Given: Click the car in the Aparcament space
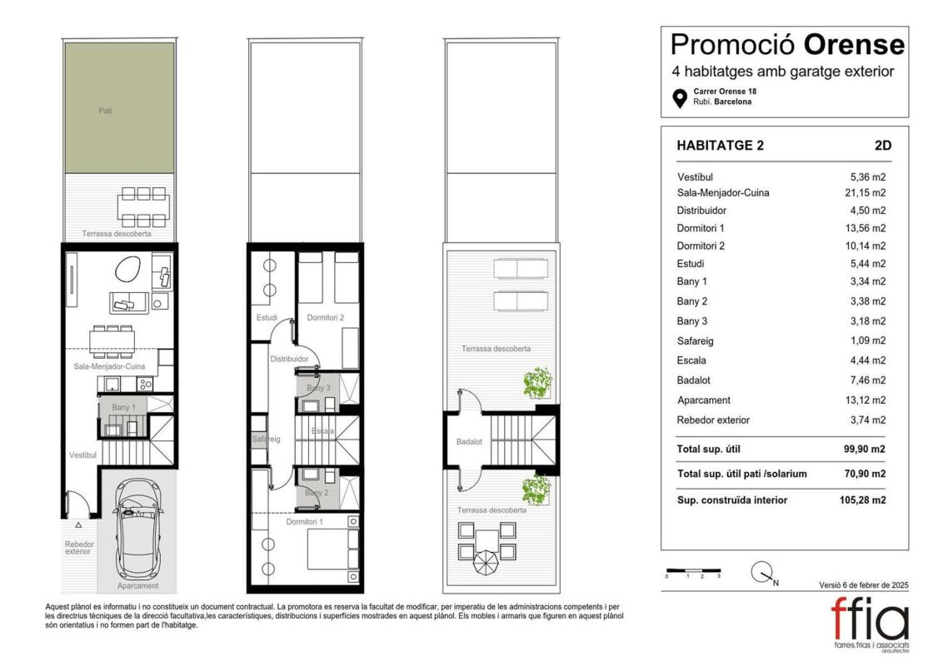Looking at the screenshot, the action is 138,529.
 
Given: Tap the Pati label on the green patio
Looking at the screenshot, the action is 105,111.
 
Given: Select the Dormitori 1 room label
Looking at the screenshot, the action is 304,522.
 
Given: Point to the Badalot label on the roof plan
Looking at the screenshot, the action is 469,442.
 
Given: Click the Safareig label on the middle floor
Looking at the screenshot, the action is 266,439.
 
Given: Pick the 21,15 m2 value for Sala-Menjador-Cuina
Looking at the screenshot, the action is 865,193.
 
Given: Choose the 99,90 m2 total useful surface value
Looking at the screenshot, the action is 865,449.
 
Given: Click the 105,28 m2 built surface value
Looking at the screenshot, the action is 862,500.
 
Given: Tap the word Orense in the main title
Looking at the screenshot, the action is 854,44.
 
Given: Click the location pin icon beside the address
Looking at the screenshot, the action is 680,98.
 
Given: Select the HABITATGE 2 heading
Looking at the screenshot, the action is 720,146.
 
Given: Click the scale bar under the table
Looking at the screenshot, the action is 693,569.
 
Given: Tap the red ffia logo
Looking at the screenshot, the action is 871,620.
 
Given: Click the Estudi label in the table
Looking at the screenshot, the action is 691,264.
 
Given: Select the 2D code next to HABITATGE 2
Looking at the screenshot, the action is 883,146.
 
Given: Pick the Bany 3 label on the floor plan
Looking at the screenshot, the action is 319,388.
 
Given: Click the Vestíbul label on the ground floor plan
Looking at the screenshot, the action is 82,455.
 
